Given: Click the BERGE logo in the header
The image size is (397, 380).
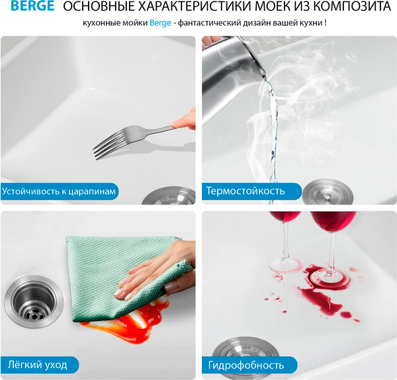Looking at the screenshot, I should click(27, 9).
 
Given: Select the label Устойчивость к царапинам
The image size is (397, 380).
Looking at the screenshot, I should click(59, 192).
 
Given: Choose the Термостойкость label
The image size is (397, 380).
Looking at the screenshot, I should click(245, 191).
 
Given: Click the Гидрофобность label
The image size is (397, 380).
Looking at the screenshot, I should click(245, 365).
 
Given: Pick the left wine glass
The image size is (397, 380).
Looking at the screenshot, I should click(285, 232).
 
